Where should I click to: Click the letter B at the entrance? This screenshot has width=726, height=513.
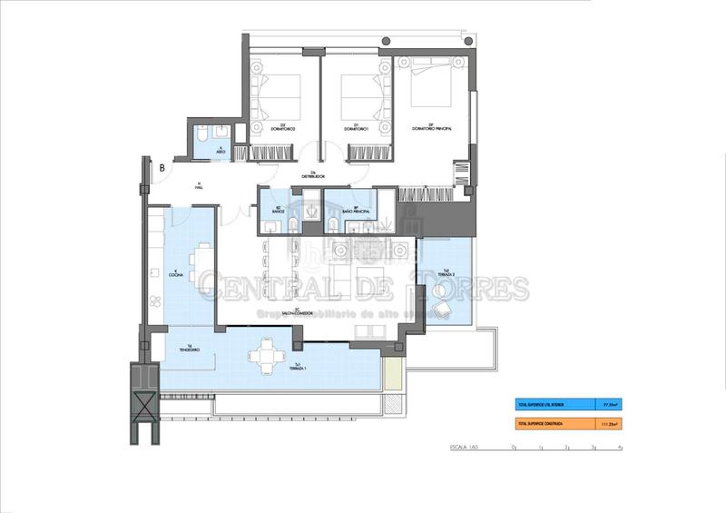tap(162, 167)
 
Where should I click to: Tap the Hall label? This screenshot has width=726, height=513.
tap(198, 188)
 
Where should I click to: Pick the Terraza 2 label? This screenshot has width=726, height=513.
tap(445, 271)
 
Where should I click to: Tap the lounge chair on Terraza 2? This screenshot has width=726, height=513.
tap(444, 309)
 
